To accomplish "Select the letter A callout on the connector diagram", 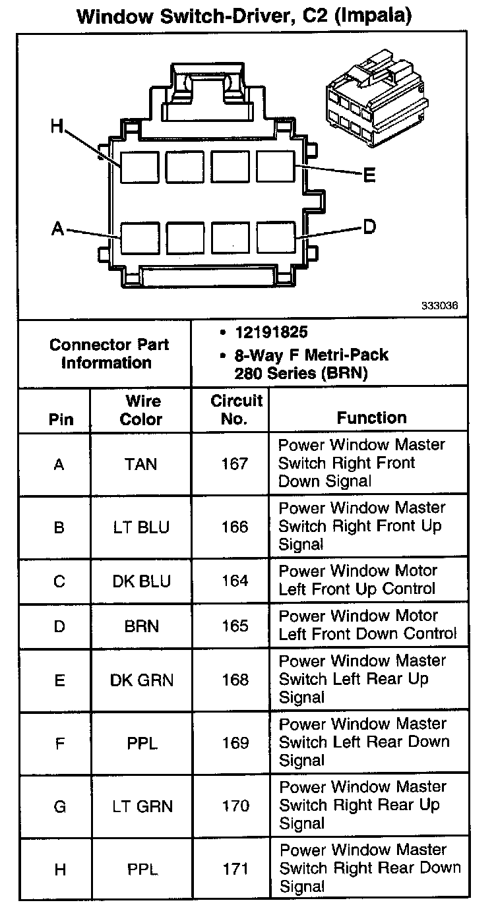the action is (58, 229).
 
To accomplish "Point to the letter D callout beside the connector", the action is (369, 227).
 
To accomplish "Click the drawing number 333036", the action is (440, 307).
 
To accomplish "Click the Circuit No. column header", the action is (236, 409).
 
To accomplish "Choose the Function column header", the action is (371, 417).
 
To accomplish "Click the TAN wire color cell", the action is (141, 464).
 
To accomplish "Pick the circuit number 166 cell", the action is (235, 527).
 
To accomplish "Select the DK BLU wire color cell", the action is (141, 581).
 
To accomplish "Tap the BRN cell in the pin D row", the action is (141, 626).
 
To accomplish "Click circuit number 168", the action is (235, 680).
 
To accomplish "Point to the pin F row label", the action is (60, 743).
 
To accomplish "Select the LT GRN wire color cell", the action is (141, 806).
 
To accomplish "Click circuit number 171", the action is (235, 869).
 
